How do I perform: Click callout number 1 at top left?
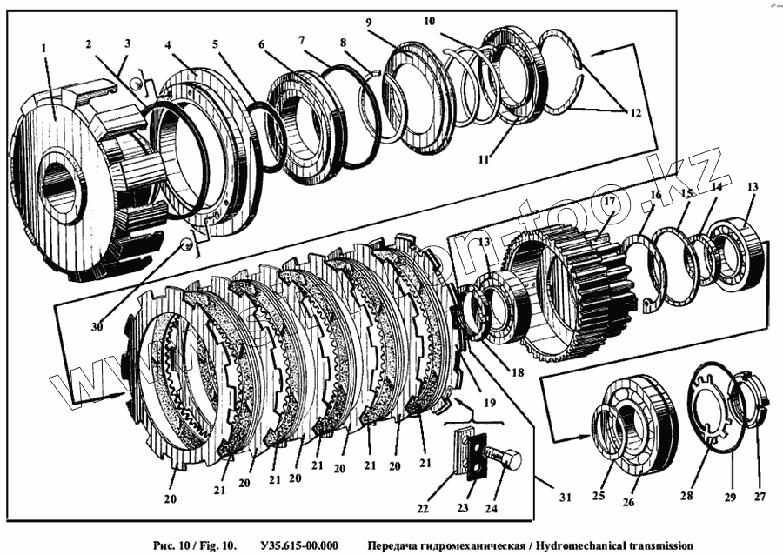43,50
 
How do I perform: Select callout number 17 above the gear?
609,203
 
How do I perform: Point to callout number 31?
565,497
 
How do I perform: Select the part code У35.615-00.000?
298,545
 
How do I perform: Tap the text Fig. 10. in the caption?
213,545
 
